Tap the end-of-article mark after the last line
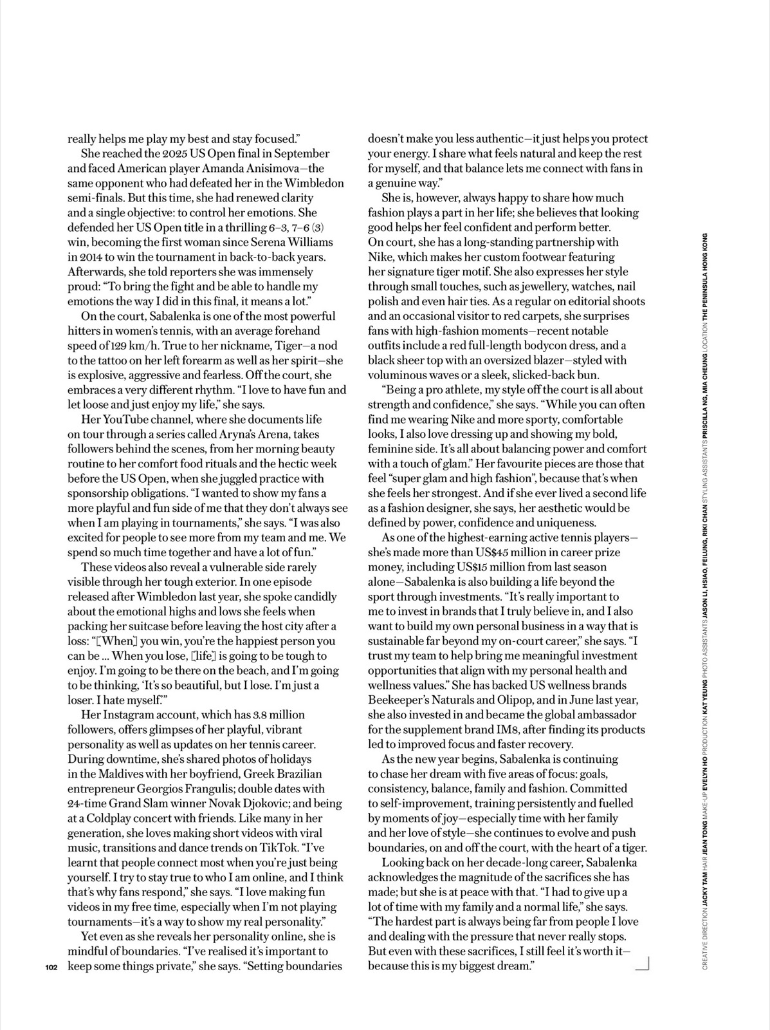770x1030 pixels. click(x=643, y=963)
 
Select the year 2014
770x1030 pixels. click(x=92, y=257)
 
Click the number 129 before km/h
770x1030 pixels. click(x=116, y=346)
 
